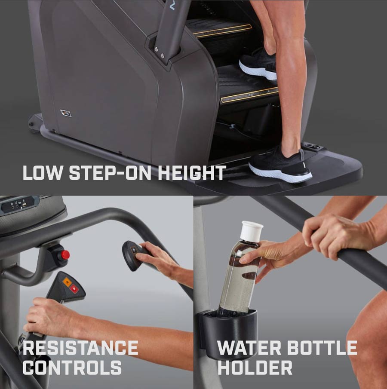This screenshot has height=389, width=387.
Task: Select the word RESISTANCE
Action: (80, 348)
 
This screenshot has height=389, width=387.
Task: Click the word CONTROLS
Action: (72, 368)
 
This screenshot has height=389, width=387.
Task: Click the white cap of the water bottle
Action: (251, 230)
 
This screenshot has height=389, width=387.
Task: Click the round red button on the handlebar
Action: (65, 255)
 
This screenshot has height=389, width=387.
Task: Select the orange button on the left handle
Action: (67, 282)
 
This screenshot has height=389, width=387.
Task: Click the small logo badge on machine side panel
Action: (66, 113)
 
